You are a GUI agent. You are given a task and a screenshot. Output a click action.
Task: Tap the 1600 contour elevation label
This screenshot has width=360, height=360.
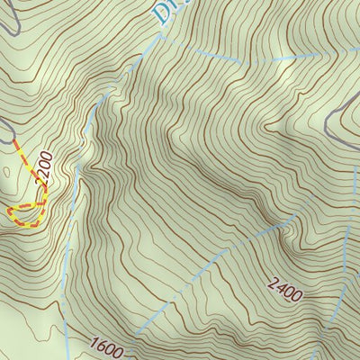[105, 343]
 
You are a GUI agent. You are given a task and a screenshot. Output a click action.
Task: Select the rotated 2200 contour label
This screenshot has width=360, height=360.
[42, 168]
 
